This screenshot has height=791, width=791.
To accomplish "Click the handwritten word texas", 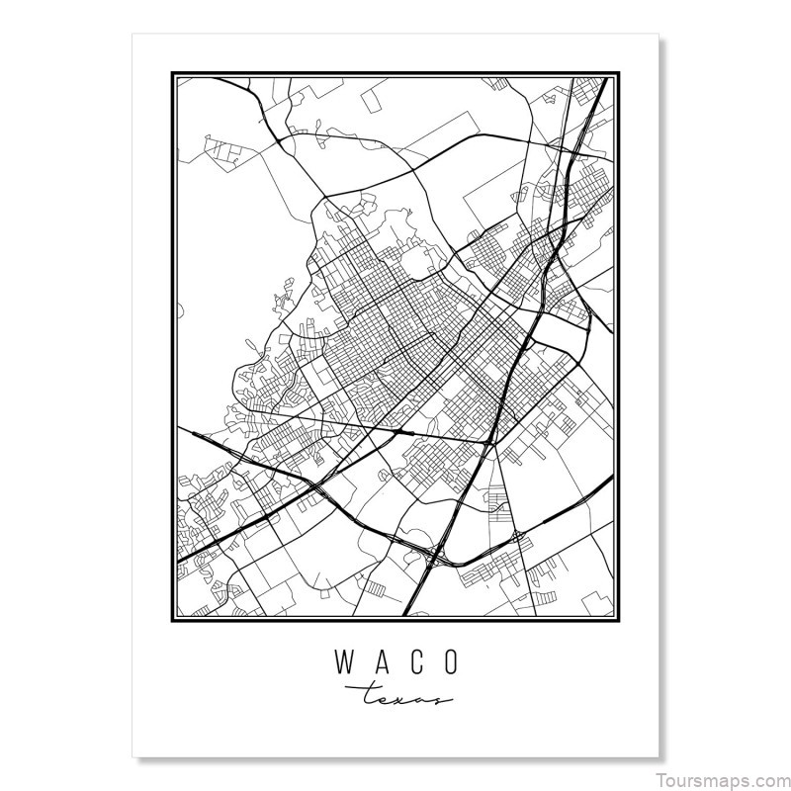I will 395,696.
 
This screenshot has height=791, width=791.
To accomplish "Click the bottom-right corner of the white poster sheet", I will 659,757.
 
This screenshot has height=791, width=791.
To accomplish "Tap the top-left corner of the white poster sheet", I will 132,34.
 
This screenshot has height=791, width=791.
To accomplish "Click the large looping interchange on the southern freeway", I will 435,559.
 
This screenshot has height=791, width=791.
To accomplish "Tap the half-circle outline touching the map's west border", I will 180,311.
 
